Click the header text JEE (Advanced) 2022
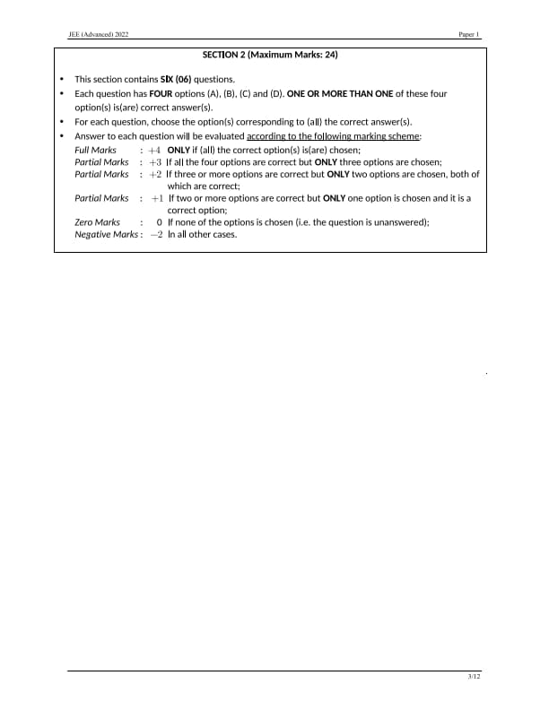99,34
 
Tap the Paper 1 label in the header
469,34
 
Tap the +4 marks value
155,150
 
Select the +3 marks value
155,162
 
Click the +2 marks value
155,175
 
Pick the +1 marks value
157,198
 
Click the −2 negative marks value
156,235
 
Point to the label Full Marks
95,150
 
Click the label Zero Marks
97,222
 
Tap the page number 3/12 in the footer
474,676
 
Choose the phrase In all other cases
202,235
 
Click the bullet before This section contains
61,80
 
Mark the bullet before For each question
61,122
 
